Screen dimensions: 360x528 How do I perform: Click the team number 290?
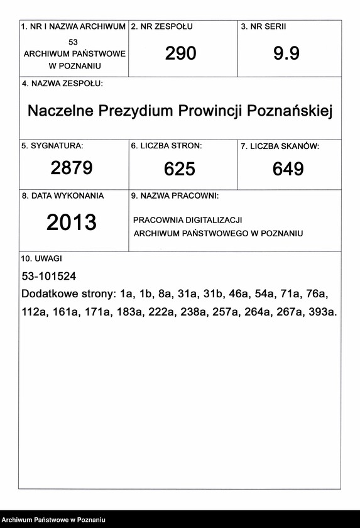(x=181, y=54)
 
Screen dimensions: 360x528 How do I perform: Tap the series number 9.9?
(x=286, y=54)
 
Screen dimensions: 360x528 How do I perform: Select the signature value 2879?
(x=72, y=168)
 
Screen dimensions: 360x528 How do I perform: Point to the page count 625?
(x=180, y=168)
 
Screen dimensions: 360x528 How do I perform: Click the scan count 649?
(x=288, y=168)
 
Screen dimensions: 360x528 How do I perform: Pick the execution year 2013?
(x=72, y=222)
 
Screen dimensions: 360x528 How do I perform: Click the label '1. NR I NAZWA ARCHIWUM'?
(x=74, y=27)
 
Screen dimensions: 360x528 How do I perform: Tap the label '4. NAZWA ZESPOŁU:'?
(x=62, y=84)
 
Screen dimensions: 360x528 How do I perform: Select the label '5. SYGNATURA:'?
(x=52, y=146)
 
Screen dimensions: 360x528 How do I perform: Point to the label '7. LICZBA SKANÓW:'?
(x=280, y=146)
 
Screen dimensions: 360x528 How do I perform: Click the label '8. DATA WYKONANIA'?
(x=63, y=196)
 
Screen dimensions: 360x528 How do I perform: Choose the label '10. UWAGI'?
(x=41, y=258)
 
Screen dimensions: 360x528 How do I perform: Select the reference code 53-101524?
(x=49, y=276)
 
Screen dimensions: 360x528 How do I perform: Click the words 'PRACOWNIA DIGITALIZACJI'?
(x=188, y=220)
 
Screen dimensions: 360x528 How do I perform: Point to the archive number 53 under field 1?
(x=74, y=41)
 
